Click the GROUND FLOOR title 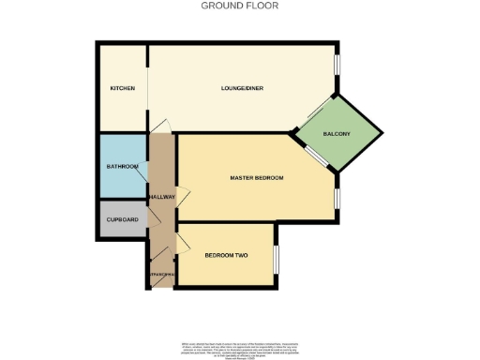[240, 6]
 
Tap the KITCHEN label [122, 88]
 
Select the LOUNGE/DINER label [242, 88]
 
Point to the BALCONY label [337, 134]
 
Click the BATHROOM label [122, 167]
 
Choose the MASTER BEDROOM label [256, 177]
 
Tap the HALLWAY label [162, 197]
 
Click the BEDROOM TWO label [226, 255]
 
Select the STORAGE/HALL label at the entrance [160, 275]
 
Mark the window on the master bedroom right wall [338, 197]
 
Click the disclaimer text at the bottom [240, 346]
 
